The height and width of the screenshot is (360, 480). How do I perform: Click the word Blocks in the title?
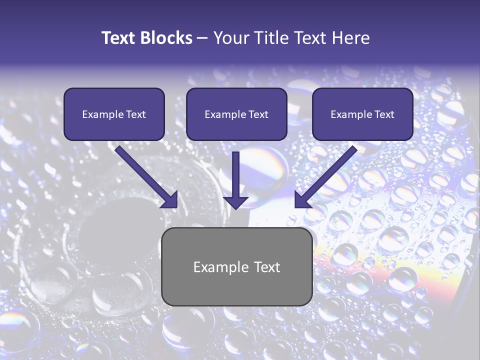point(166,38)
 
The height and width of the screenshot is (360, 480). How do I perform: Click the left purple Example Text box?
point(114,114)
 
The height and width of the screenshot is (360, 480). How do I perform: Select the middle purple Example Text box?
point(236,114)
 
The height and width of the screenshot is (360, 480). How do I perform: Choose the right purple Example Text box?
point(363,114)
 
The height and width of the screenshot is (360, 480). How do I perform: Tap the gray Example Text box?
point(237,266)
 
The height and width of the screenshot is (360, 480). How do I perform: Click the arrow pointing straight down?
point(235,180)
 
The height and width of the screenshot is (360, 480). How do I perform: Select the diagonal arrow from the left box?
point(146,176)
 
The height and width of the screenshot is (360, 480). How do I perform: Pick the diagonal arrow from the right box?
point(325,176)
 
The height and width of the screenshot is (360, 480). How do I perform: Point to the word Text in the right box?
point(384,114)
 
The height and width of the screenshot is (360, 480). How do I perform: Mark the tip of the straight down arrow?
point(235,210)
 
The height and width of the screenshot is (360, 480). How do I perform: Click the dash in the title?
point(202,38)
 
